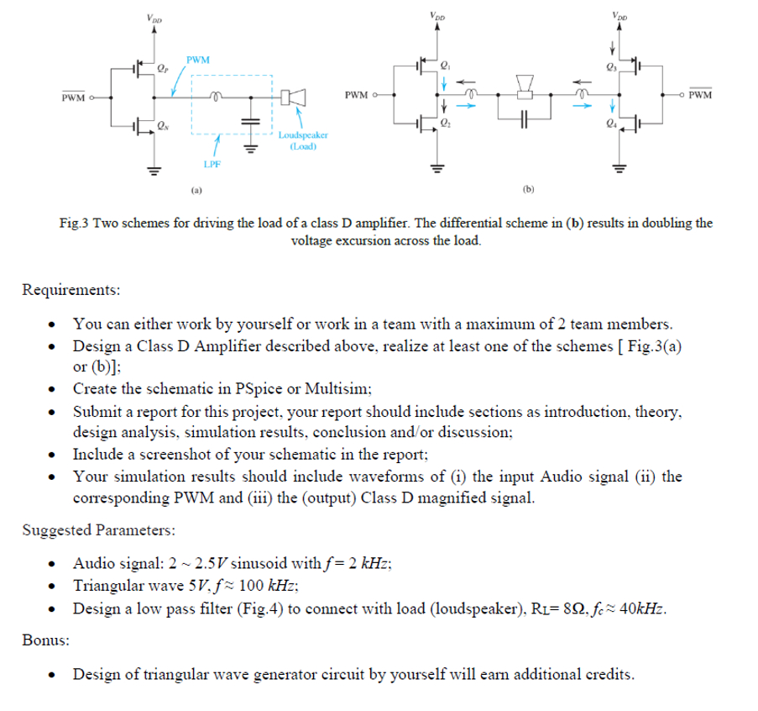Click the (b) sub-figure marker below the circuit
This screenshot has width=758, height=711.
click(x=528, y=190)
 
